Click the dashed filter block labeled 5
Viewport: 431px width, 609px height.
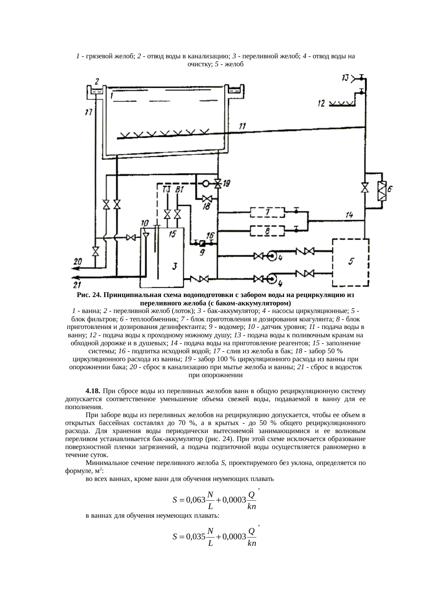click(x=351, y=262)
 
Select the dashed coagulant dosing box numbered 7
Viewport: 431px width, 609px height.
click(x=267, y=212)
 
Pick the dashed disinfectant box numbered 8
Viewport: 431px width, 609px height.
click(x=267, y=230)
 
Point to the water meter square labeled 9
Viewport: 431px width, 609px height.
click(x=204, y=243)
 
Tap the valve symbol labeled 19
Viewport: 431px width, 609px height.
click(x=218, y=184)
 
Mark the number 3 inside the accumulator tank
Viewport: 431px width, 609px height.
click(x=175, y=266)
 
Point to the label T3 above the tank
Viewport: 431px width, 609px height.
click(x=167, y=189)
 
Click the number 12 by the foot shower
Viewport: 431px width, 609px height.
click(x=321, y=103)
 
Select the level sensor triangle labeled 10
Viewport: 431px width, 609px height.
click(x=146, y=235)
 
